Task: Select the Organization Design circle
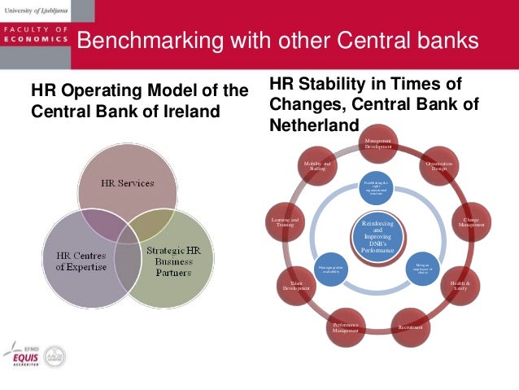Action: click(439, 169)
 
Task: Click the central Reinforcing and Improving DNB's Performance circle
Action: click(377, 237)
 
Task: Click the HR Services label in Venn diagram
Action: click(127, 183)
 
